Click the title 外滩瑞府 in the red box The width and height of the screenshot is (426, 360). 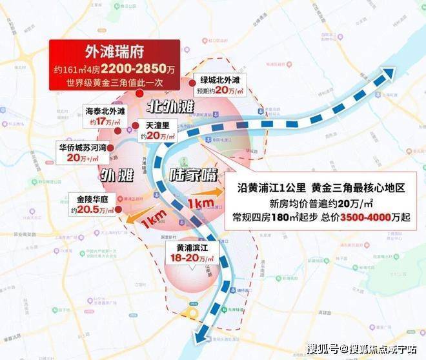pos(115,52)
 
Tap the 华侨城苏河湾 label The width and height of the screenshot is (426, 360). pos(79,146)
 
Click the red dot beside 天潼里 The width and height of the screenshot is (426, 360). pos(136,126)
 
